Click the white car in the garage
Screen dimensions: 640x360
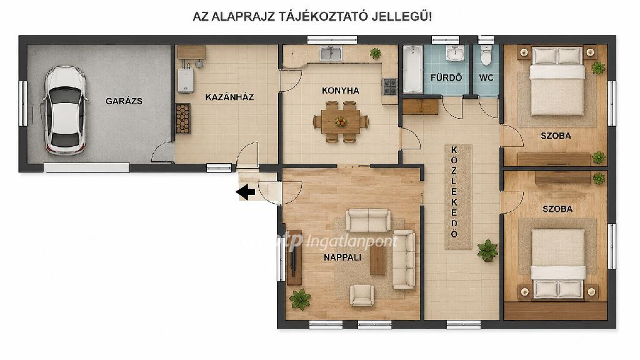[x=65, y=110]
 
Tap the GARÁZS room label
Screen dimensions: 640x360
[x=124, y=101]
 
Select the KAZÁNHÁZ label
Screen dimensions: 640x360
[x=229, y=97]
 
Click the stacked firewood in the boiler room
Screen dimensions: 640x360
[x=183, y=119]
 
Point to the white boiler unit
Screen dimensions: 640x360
[x=185, y=81]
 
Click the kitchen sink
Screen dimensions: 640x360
[x=331, y=53]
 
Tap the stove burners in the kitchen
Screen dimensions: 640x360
[x=389, y=87]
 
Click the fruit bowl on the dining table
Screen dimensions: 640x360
[x=340, y=121]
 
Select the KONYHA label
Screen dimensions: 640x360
[x=341, y=91]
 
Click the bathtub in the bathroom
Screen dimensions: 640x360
[x=412, y=69]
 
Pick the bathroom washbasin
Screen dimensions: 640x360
[x=454, y=53]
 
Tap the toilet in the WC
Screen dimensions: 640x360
[x=486, y=55]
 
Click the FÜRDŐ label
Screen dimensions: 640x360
[x=446, y=77]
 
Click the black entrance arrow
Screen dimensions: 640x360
[x=246, y=192]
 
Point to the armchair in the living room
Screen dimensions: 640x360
[x=362, y=295]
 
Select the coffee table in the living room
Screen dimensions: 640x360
[x=377, y=260]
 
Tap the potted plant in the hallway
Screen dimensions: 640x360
[x=487, y=250]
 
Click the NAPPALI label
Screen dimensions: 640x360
[x=342, y=257]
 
